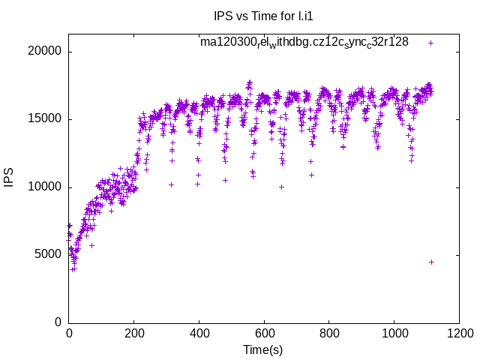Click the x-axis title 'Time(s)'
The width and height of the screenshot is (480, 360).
[x=262, y=349]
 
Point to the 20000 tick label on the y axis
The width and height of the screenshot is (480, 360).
[x=43, y=52]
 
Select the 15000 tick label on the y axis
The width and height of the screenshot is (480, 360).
[x=43, y=119]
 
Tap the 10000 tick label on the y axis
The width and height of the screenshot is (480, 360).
[x=43, y=187]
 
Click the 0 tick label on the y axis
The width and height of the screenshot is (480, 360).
[x=58, y=322]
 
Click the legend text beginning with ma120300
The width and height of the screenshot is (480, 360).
[x=304, y=42]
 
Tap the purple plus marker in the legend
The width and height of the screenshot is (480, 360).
[x=430, y=43]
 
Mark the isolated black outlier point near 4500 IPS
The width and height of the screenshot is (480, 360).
[x=431, y=262]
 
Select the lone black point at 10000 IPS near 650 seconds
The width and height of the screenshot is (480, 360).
[x=281, y=187]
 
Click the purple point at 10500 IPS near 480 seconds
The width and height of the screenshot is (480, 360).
[x=225, y=180]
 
